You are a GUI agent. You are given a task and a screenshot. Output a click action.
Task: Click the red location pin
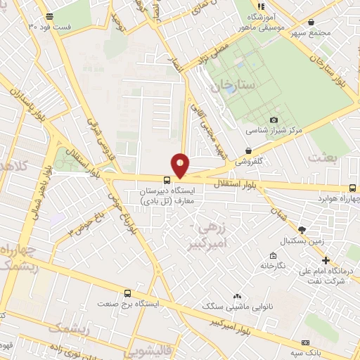180,165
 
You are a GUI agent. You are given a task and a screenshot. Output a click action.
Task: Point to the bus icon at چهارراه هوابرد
352,188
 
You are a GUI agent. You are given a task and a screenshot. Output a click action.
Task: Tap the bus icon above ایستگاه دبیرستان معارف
167,180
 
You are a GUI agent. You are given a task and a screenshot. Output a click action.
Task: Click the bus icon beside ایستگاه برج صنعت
127,293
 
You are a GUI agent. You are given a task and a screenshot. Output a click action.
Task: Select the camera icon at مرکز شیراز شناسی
274,120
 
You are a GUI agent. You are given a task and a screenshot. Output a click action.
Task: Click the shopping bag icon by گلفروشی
249,150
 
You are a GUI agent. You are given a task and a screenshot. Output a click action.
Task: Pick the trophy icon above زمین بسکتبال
302,229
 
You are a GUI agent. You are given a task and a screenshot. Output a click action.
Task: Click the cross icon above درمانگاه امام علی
325,260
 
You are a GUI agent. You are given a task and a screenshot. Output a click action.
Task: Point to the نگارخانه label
273,266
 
